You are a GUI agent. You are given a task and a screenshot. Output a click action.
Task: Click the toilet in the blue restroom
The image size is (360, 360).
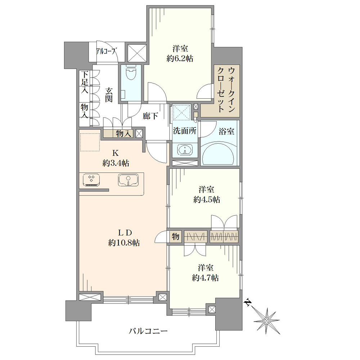click(x=131, y=72)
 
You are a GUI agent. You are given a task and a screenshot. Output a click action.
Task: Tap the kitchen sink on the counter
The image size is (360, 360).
click(x=129, y=180)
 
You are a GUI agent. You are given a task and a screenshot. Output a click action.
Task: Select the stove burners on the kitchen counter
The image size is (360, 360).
click(x=91, y=180)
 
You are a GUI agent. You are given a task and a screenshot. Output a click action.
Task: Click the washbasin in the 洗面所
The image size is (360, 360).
click(x=185, y=150)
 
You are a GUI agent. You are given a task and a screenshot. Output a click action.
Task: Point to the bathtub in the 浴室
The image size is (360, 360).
click(x=219, y=153)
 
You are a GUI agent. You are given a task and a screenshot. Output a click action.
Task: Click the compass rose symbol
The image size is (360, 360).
click(x=266, y=320)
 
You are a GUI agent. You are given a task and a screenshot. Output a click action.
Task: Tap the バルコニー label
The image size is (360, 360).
click(x=148, y=331)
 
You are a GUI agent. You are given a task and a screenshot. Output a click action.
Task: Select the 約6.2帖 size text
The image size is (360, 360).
click(x=180, y=59)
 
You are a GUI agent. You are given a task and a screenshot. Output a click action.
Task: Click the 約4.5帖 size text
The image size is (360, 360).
click(x=207, y=199)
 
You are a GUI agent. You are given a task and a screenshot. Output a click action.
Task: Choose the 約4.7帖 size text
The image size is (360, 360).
click(x=206, y=278)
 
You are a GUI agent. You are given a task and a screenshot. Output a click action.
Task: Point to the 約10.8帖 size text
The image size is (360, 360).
click(x=124, y=243)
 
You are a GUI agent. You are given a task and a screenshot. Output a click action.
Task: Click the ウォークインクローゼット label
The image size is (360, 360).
click(x=226, y=90)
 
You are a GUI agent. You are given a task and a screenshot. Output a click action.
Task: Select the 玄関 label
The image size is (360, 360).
click(x=109, y=95)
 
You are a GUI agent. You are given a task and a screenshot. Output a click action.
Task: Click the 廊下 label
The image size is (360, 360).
click(x=150, y=116)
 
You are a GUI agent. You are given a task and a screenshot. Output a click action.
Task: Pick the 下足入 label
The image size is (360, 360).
click(x=85, y=82)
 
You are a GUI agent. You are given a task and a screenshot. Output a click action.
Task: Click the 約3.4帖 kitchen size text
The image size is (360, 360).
click(x=116, y=163)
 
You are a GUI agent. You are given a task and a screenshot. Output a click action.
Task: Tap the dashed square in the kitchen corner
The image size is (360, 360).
click(x=90, y=142)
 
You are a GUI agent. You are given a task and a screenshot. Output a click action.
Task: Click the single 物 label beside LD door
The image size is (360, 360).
click(x=175, y=236)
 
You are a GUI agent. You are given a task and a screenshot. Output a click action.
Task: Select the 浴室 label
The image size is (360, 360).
click(x=226, y=131)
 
